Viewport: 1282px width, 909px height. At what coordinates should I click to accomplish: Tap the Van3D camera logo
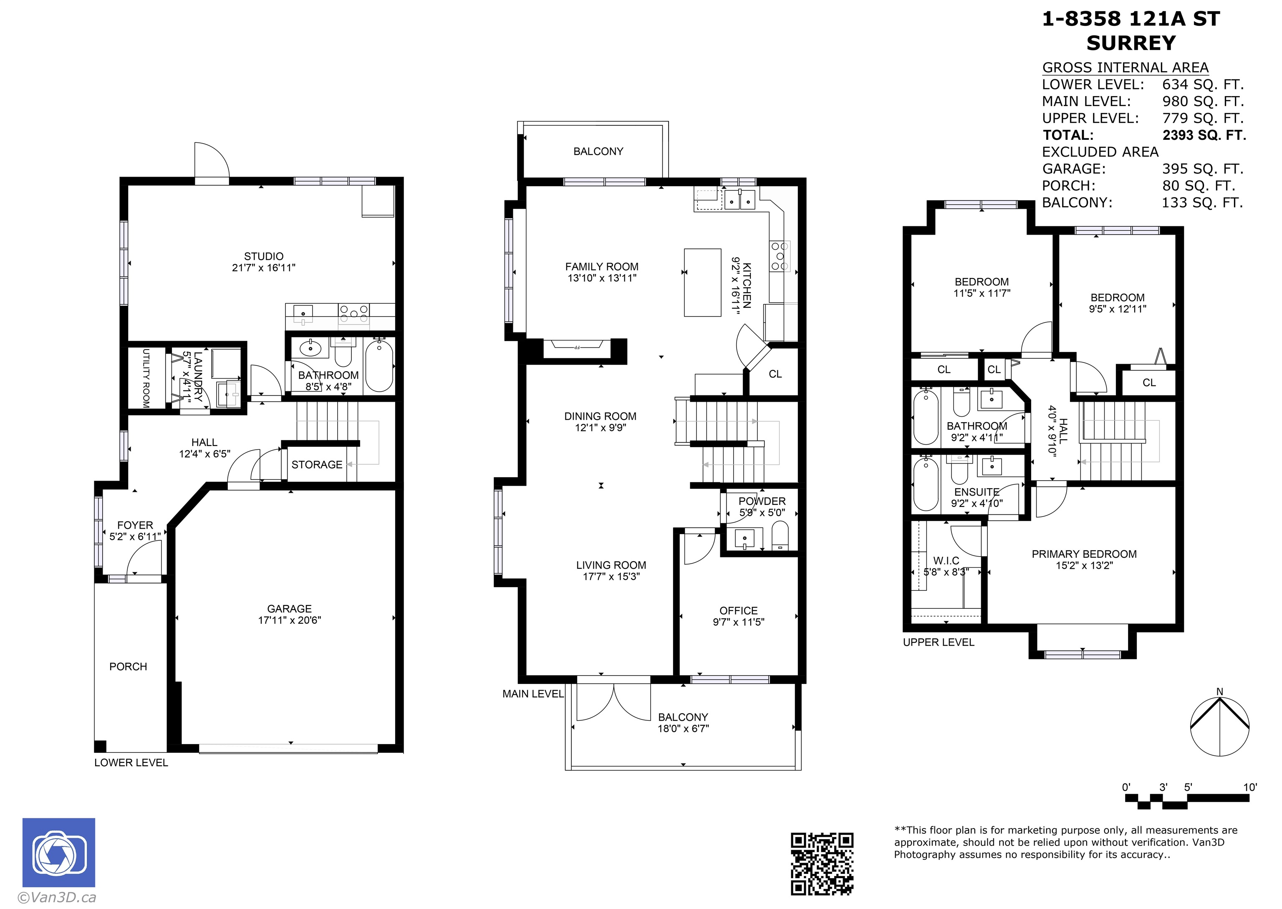click(x=59, y=853)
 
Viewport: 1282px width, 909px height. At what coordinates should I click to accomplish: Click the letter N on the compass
click(x=1220, y=692)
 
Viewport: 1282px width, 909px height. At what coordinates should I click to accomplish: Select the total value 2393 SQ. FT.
click(x=1204, y=135)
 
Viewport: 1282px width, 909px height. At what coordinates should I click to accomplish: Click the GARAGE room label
click(x=289, y=608)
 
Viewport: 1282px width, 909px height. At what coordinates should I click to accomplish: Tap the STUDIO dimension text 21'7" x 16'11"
click(x=263, y=268)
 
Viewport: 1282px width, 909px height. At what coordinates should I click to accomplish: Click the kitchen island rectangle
click(x=702, y=283)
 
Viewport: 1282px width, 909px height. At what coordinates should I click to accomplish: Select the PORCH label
click(x=128, y=667)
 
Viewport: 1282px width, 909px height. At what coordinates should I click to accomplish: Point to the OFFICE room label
click(x=738, y=611)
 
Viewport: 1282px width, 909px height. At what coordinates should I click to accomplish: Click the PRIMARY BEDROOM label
click(x=1084, y=554)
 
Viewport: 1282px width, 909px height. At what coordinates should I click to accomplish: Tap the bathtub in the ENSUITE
click(x=926, y=484)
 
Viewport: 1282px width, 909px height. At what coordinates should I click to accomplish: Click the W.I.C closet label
click(x=946, y=561)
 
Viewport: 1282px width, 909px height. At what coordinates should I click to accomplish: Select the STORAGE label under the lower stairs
click(x=317, y=465)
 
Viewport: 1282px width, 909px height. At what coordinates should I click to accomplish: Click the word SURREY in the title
click(x=1131, y=43)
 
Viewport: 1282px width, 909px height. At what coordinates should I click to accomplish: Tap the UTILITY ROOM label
click(x=146, y=378)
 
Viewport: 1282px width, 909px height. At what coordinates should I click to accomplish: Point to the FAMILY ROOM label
click(x=601, y=267)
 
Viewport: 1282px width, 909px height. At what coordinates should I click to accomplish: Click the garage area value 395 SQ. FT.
click(x=1202, y=169)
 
